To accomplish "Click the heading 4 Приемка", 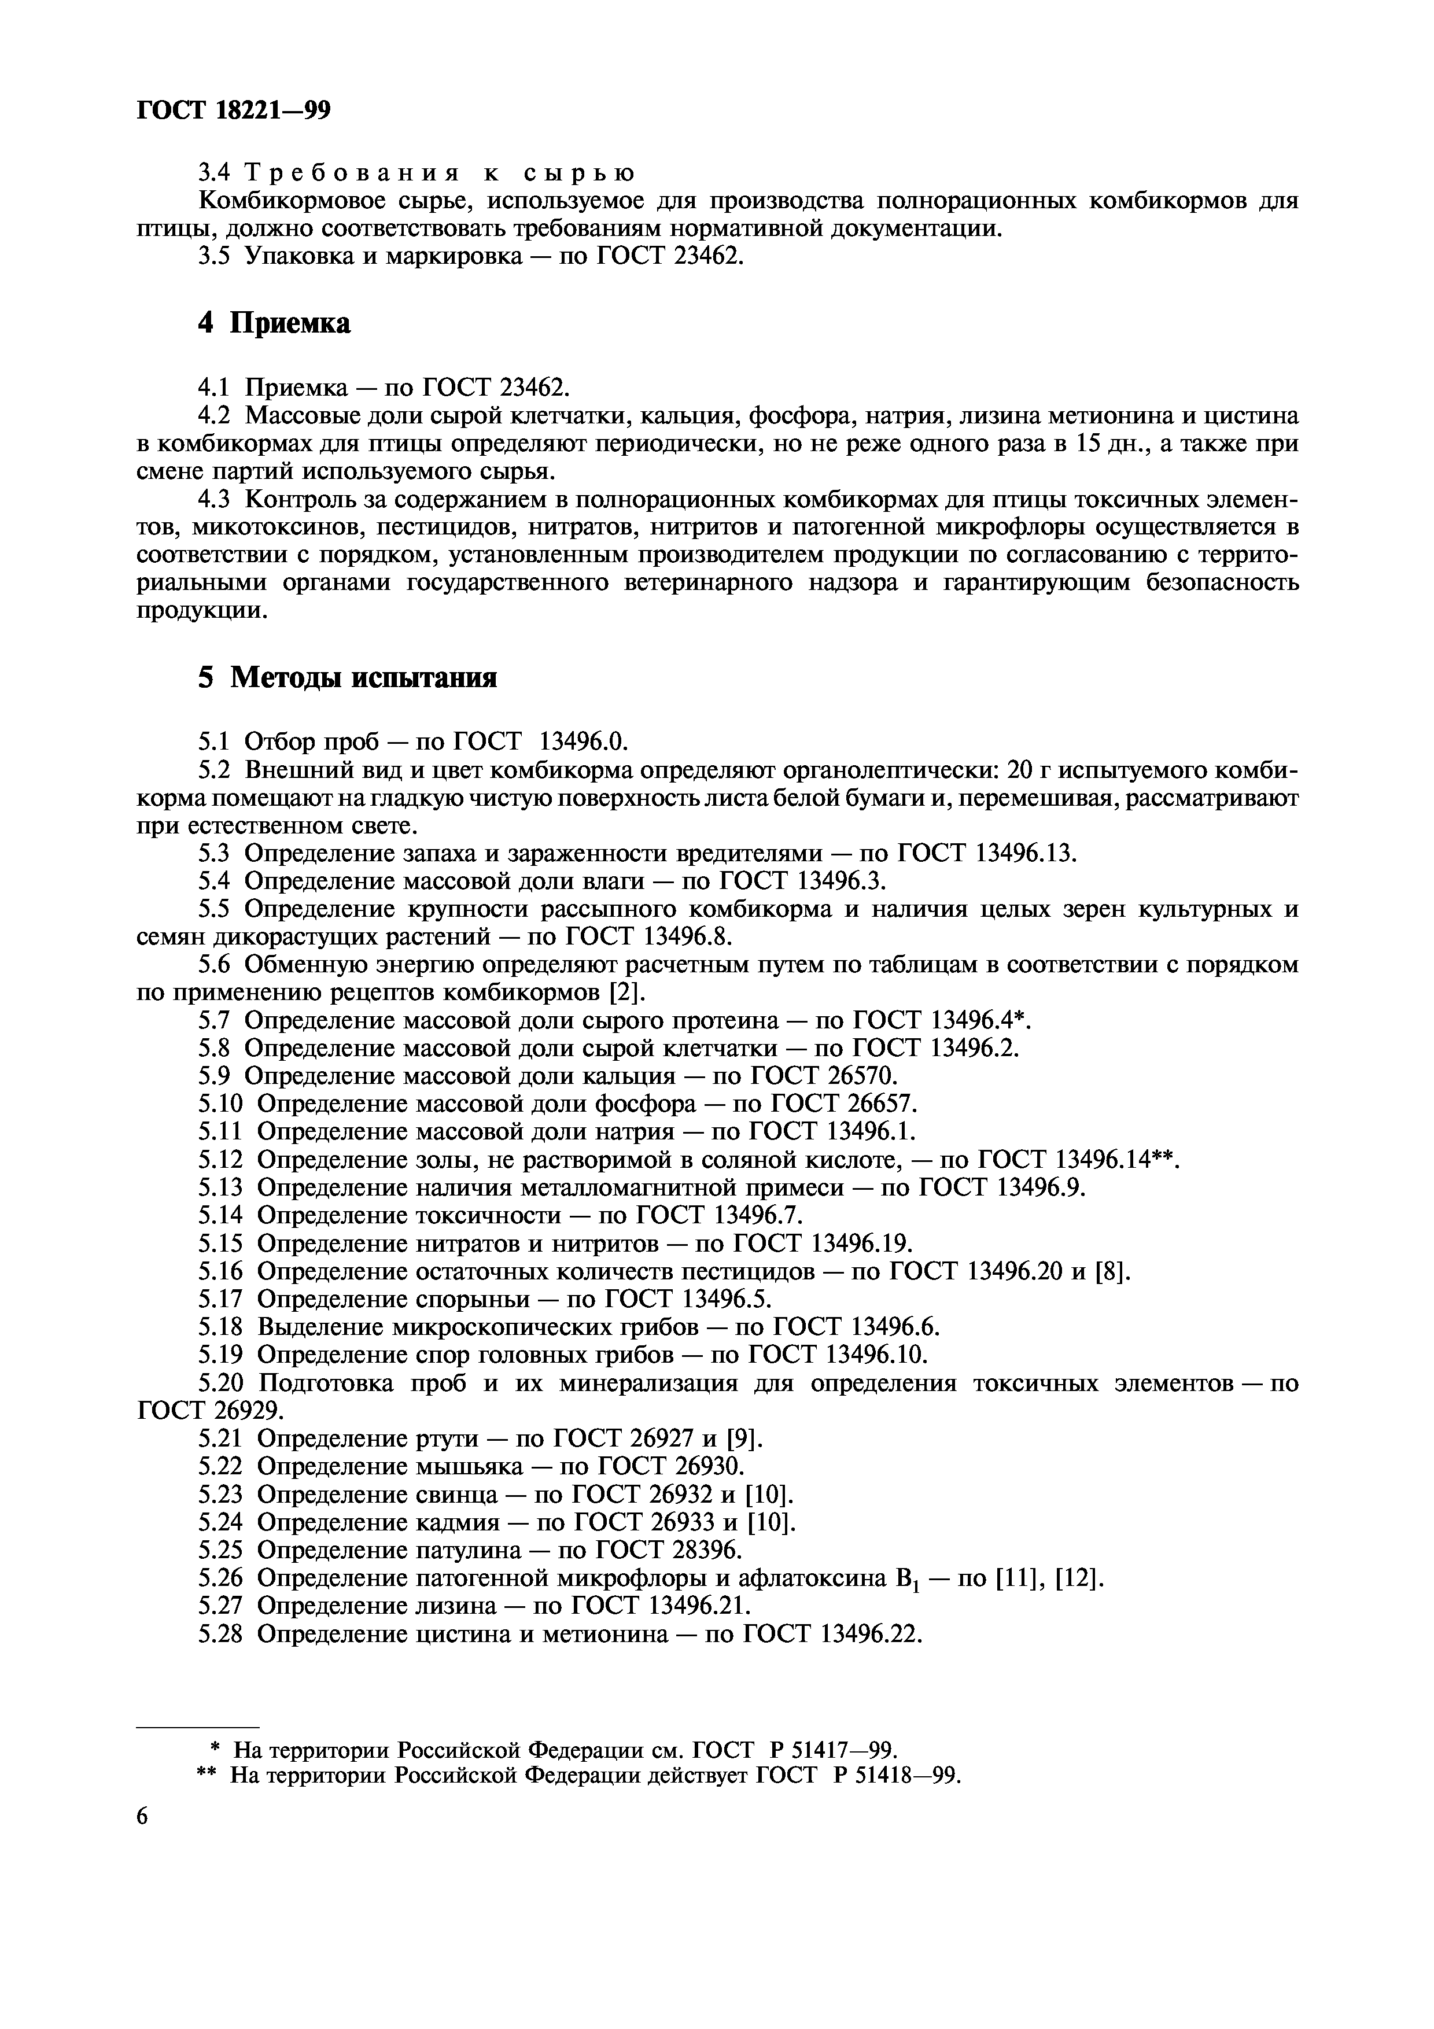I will click(x=273, y=323).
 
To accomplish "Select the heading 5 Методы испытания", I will click(x=346, y=678).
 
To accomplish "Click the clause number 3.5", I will click(x=215, y=257).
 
